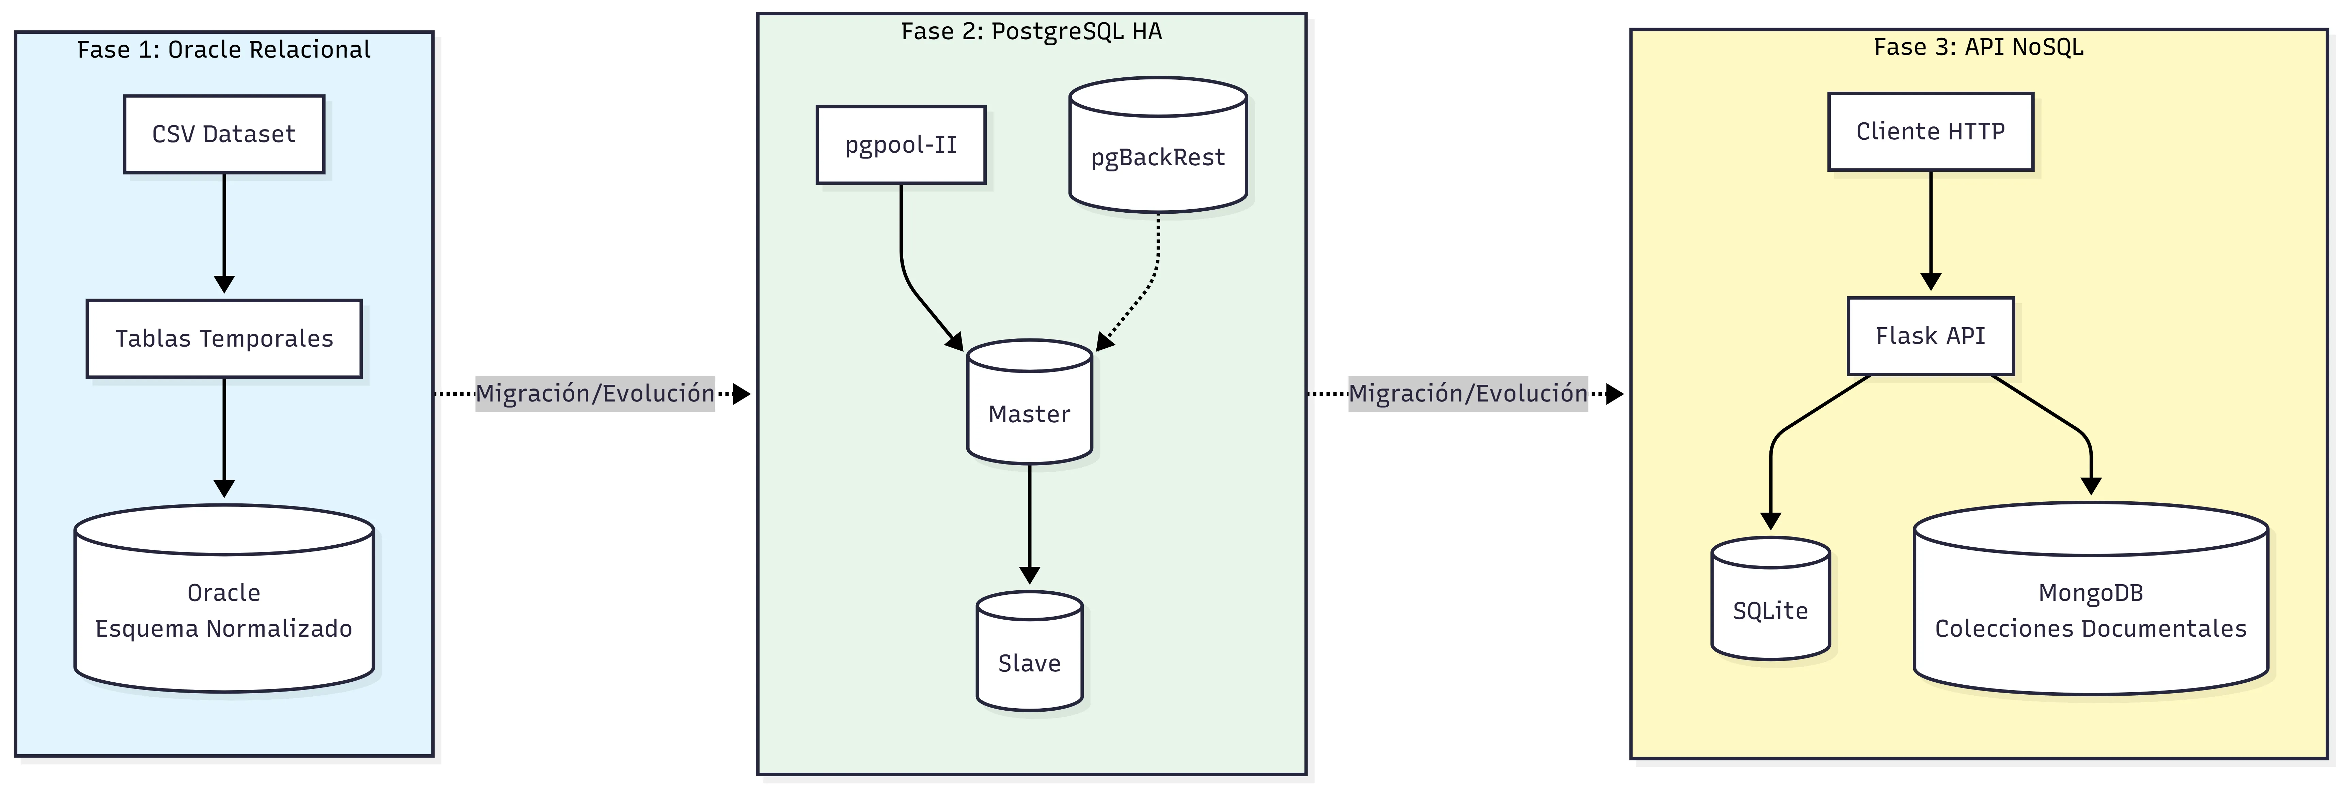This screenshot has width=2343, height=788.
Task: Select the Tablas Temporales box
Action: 224,338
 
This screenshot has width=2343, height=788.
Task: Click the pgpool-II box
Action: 901,145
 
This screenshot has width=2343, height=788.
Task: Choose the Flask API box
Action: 1930,336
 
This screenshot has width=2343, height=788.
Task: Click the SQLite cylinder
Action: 1770,610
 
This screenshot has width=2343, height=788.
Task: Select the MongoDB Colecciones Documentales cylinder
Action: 2090,610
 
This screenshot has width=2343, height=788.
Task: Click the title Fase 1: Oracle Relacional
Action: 224,49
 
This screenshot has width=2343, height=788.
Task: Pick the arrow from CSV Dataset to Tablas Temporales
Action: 224,232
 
